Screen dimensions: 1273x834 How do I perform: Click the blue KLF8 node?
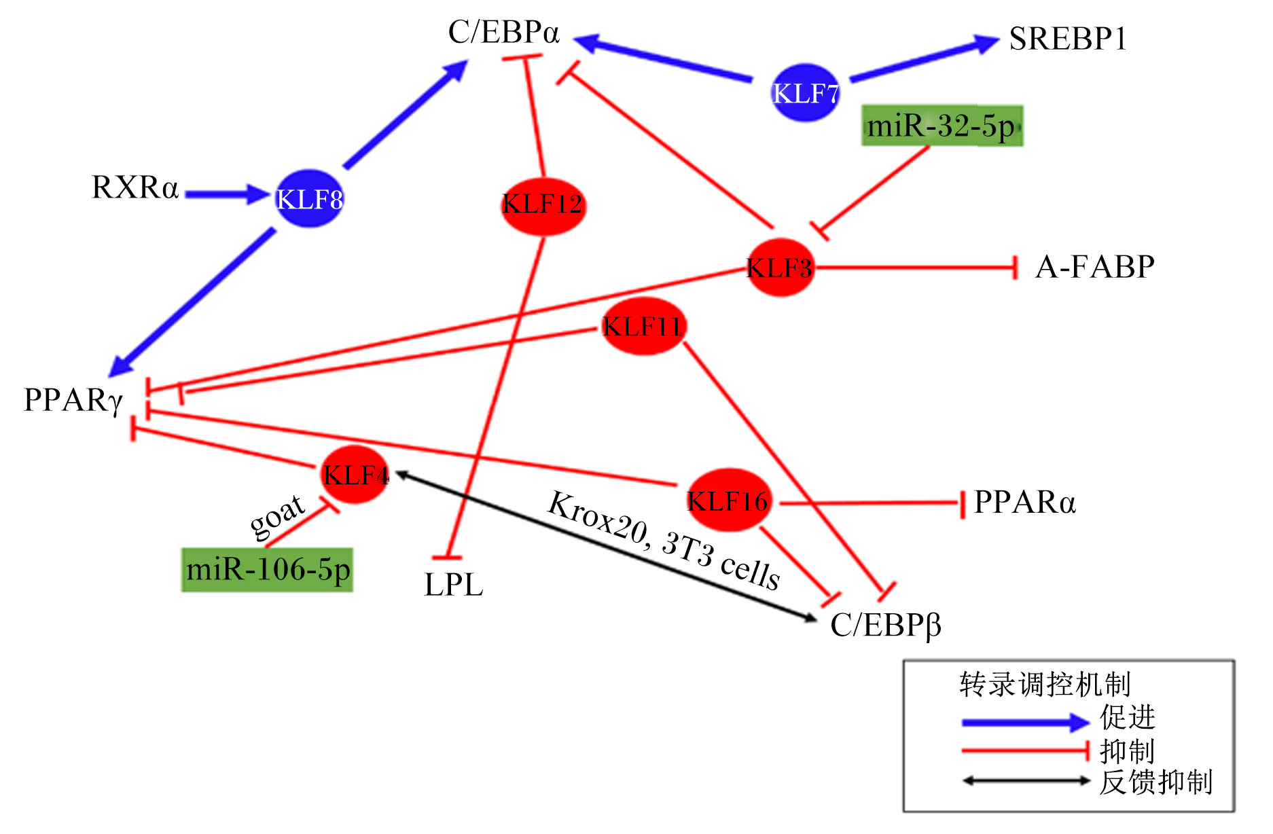pyautogui.click(x=309, y=198)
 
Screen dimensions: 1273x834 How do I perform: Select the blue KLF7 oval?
pyautogui.click(x=806, y=93)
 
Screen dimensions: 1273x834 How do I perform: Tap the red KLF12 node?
pyautogui.click(x=543, y=205)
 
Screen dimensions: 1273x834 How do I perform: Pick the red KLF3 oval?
pyautogui.click(x=780, y=268)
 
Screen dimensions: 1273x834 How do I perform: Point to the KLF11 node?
pyautogui.click(x=643, y=326)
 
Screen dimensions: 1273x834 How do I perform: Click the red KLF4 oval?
pyautogui.click(x=355, y=474)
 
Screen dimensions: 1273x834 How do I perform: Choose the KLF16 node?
pyautogui.click(x=728, y=500)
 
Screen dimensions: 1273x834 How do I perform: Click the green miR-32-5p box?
pyautogui.click(x=942, y=126)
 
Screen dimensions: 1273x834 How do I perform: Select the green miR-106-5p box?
pyautogui.click(x=268, y=570)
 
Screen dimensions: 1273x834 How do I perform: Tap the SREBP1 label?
pyautogui.click(x=1068, y=39)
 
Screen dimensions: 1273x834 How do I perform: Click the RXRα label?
pyautogui.click(x=135, y=187)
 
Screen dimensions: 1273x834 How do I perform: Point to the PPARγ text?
pyautogui.click(x=73, y=401)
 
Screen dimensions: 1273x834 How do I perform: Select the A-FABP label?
pyautogui.click(x=1095, y=267)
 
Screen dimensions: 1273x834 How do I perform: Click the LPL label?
pyautogui.click(x=454, y=585)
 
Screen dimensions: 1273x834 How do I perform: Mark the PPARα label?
pyautogui.click(x=1025, y=503)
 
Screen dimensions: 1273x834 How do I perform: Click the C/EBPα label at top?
pyautogui.click(x=503, y=32)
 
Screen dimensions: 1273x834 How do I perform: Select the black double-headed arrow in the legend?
pyautogui.click(x=1026, y=781)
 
